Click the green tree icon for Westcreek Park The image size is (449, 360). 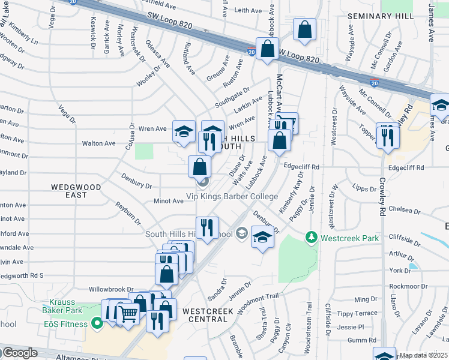point(311,238)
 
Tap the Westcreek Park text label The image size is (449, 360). point(350,238)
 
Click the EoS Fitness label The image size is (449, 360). point(66,324)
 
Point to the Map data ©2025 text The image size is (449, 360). point(423,355)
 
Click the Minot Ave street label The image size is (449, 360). point(168,201)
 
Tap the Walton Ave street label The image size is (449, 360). point(98,143)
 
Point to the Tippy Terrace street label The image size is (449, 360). point(357,313)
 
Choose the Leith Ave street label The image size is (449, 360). point(249,11)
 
